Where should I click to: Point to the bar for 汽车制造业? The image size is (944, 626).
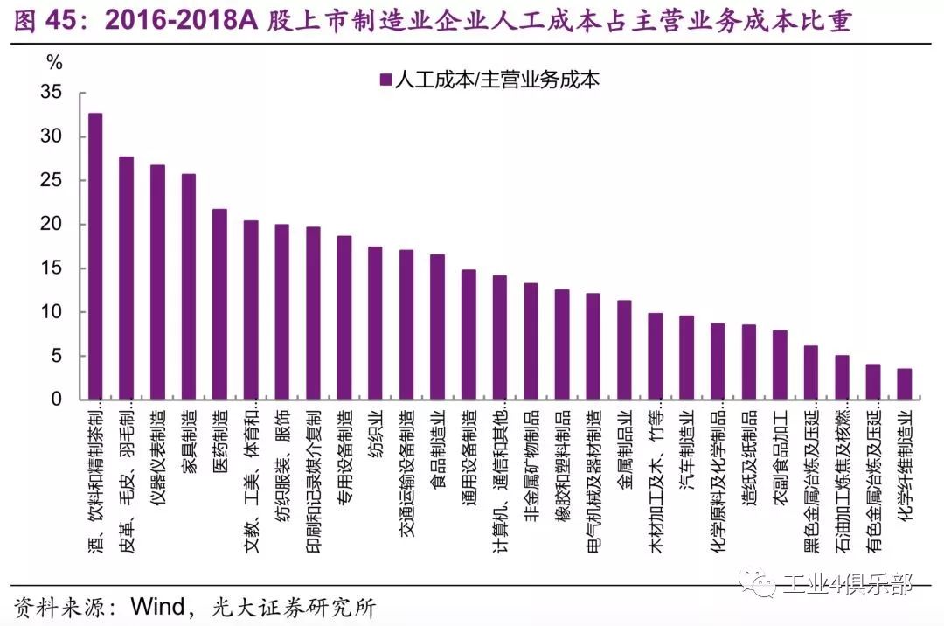pyautogui.click(x=686, y=358)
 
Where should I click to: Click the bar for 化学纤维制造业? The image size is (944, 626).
pyautogui.click(x=905, y=384)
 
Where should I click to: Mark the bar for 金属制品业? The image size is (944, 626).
pyautogui.click(x=624, y=350)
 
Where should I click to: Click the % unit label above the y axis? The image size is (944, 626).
pyautogui.click(x=54, y=62)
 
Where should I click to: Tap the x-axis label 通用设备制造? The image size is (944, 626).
pyautogui.click(x=469, y=455)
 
